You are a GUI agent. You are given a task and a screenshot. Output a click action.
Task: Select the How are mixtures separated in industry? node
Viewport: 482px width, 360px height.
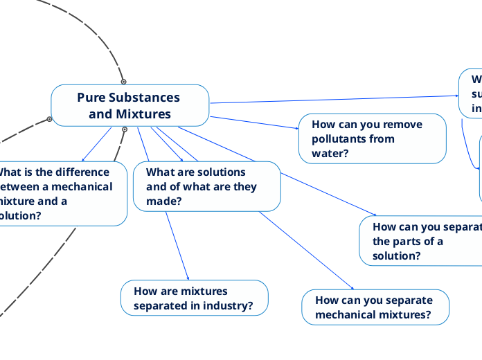(194, 298)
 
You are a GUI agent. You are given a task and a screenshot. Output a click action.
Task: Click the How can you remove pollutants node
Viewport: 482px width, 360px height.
(372, 138)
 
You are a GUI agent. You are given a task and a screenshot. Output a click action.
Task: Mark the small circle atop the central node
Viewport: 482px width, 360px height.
(124, 82)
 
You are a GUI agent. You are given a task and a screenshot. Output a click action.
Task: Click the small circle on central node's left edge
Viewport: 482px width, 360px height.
(49, 119)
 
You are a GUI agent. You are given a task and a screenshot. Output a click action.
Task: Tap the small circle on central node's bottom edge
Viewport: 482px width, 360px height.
(125, 129)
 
